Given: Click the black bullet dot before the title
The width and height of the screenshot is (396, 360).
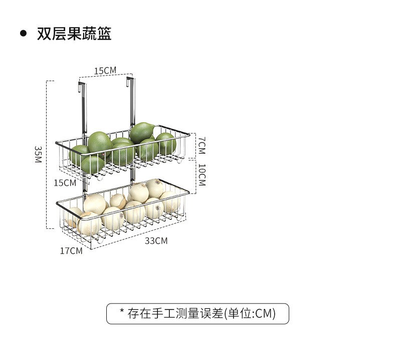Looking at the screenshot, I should pyautogui.click(x=23, y=34).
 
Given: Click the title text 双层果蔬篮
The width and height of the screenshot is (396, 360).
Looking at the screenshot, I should pyautogui.click(x=74, y=34).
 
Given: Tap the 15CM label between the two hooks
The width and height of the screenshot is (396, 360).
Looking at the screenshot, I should pyautogui.click(x=105, y=71).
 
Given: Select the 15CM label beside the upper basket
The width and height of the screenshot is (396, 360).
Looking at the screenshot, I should pyautogui.click(x=65, y=182).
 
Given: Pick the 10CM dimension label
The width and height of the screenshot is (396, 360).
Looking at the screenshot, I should pyautogui.click(x=202, y=175).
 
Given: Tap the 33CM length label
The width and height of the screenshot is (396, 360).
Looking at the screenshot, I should pyautogui.click(x=156, y=241).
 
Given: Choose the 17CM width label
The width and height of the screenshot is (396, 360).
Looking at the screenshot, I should pyautogui.click(x=71, y=250).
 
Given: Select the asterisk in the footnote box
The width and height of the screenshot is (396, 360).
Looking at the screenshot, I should pyautogui.click(x=122, y=312).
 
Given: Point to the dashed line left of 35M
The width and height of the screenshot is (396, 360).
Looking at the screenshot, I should pyautogui.click(x=47, y=154).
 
